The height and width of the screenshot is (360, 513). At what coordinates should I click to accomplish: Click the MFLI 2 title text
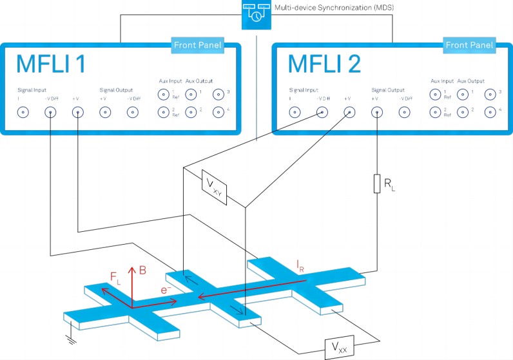[325, 65]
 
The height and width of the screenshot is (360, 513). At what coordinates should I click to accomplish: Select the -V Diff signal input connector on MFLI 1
[50, 112]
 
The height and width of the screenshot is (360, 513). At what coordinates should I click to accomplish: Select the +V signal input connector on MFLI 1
[77, 112]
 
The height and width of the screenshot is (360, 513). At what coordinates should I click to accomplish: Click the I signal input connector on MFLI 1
[23, 112]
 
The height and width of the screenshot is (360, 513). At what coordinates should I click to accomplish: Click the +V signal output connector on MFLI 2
[376, 112]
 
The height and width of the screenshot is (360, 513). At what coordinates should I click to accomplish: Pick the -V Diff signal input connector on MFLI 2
[322, 112]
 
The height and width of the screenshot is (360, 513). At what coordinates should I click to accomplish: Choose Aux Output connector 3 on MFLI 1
[218, 94]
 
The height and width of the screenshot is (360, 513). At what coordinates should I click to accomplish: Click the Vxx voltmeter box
[338, 348]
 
